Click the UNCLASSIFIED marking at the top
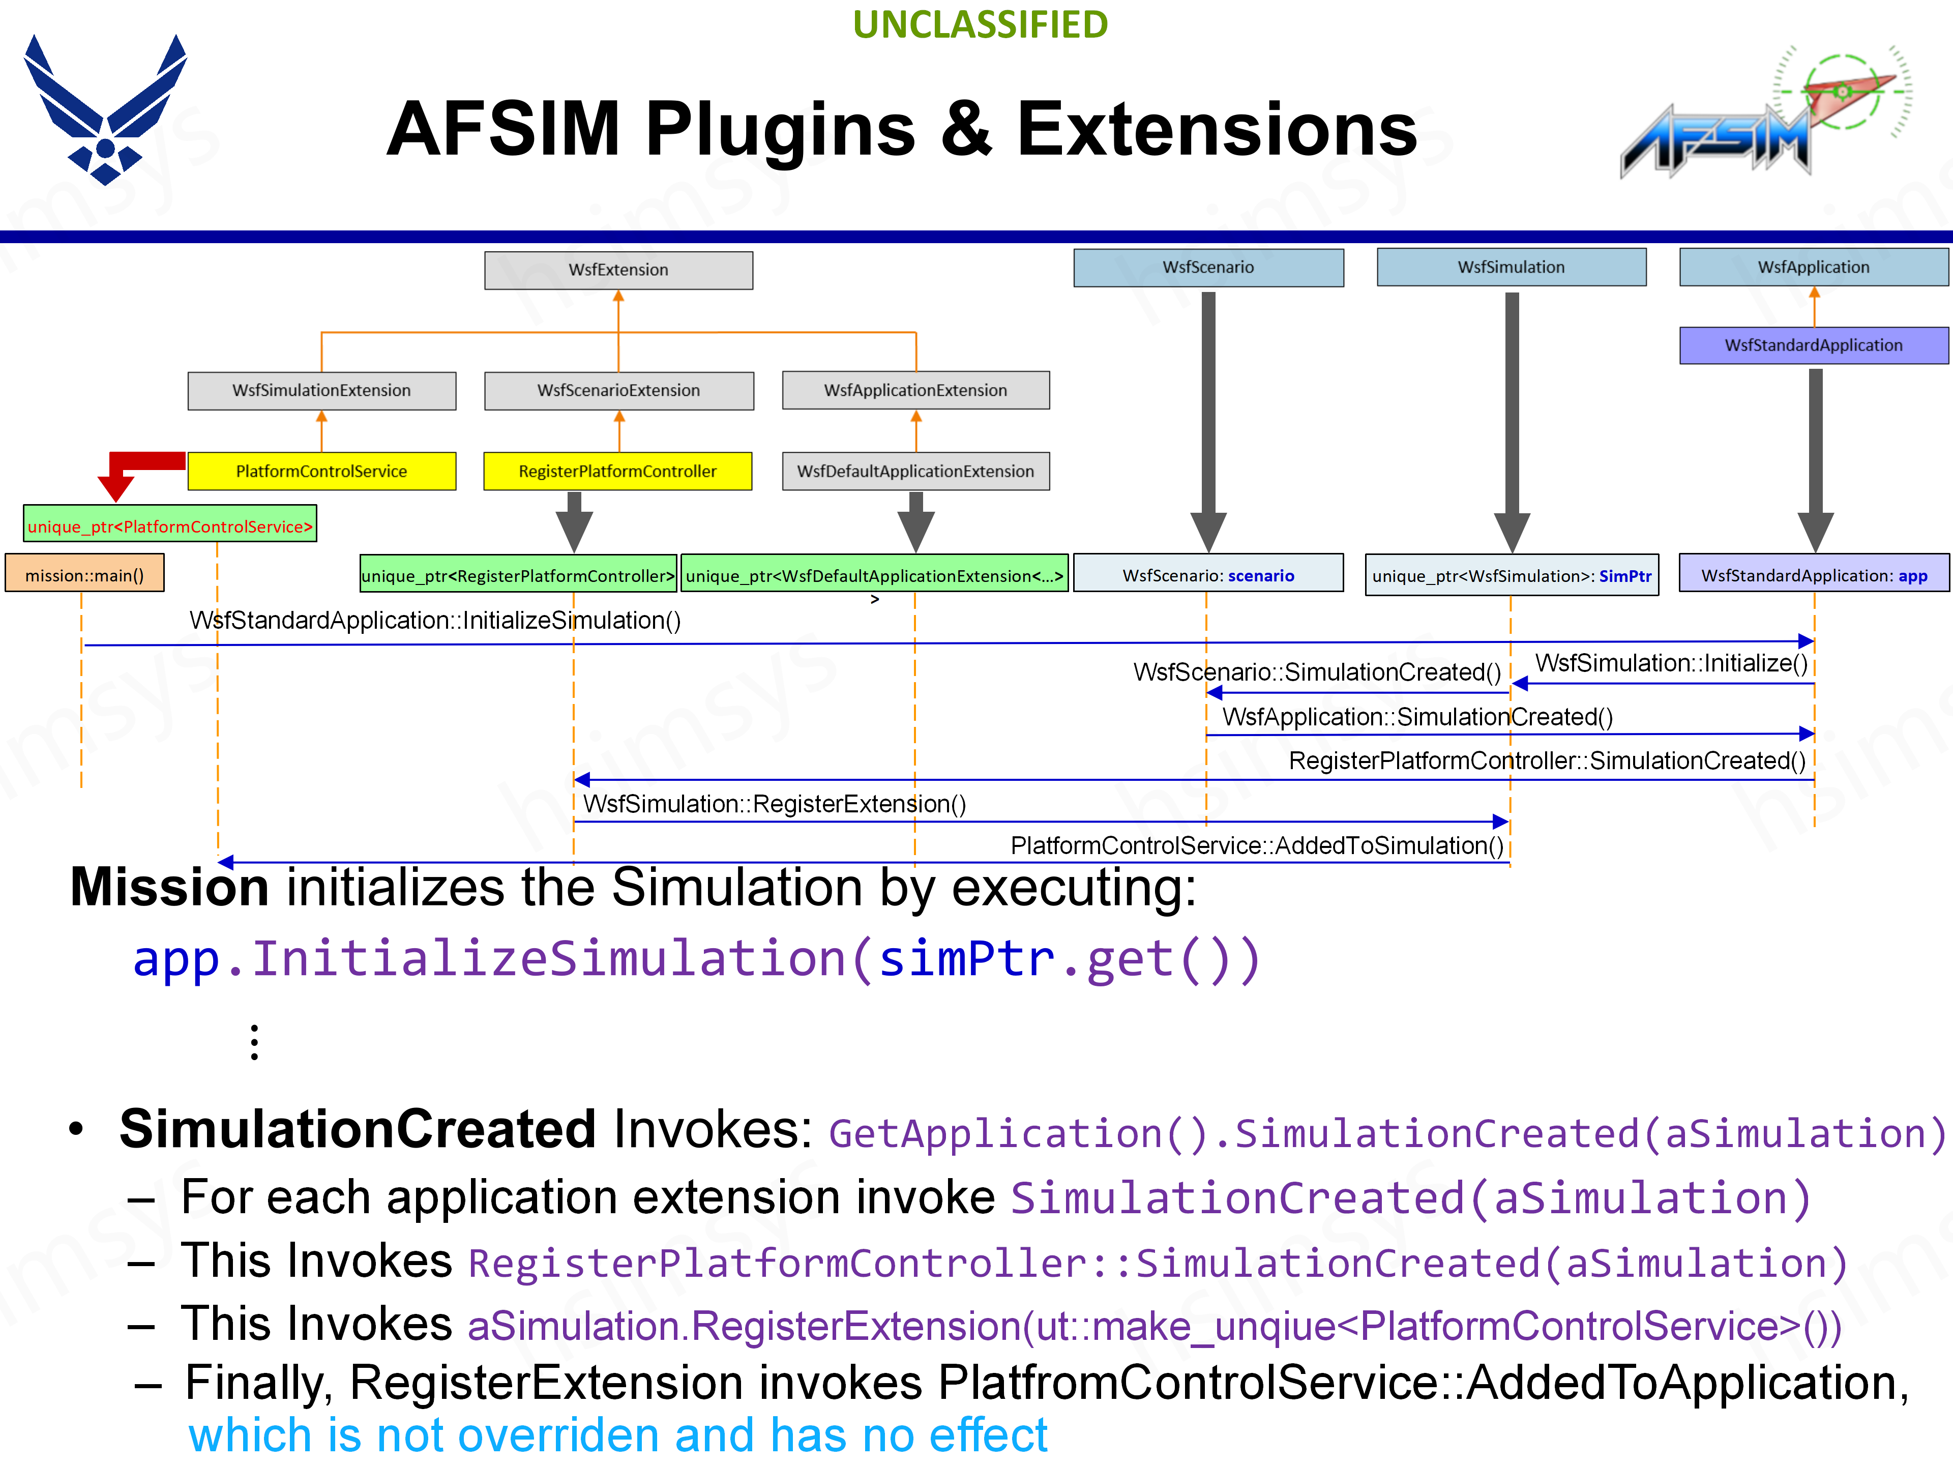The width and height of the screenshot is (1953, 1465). click(x=980, y=25)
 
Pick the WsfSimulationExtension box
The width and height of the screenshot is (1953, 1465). click(x=321, y=390)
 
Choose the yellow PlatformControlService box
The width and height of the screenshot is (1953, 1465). click(x=321, y=472)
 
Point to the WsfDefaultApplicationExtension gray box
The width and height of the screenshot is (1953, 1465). click(x=915, y=472)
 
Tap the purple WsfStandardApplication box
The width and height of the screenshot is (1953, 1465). click(x=1814, y=345)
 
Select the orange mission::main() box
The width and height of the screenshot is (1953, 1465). click(x=85, y=575)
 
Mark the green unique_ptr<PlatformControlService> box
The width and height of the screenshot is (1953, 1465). click(x=169, y=526)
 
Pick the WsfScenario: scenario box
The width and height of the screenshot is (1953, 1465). click(x=1208, y=575)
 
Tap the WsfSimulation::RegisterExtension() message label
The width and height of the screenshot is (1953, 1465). click(x=774, y=804)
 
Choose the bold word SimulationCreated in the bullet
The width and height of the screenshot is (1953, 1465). click(x=358, y=1129)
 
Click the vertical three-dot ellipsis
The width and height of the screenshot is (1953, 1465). click(x=254, y=1042)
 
